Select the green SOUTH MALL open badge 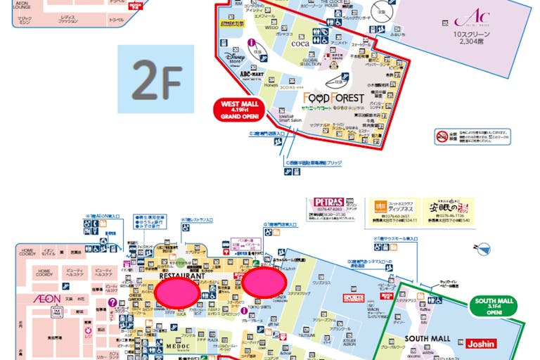click(495, 307)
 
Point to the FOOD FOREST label click(334, 97)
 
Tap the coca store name click(300, 43)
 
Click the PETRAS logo click(326, 204)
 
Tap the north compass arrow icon click(482, 247)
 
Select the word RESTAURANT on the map click(181, 277)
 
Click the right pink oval click(265, 281)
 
